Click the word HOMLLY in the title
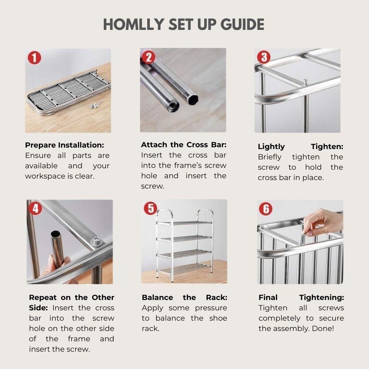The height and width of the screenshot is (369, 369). [133, 24]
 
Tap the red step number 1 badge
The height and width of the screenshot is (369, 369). [35, 58]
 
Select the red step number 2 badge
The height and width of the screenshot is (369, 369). [148, 57]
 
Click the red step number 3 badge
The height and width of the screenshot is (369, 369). [263, 58]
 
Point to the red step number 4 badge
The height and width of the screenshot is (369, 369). [35, 208]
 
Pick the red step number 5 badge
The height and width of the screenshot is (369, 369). [150, 208]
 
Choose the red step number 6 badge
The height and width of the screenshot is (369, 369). [265, 209]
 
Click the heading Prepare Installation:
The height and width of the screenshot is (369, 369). [64, 145]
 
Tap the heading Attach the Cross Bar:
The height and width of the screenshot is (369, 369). [183, 145]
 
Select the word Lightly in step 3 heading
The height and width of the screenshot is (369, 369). [271, 146]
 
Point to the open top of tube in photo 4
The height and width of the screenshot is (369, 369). [56, 234]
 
